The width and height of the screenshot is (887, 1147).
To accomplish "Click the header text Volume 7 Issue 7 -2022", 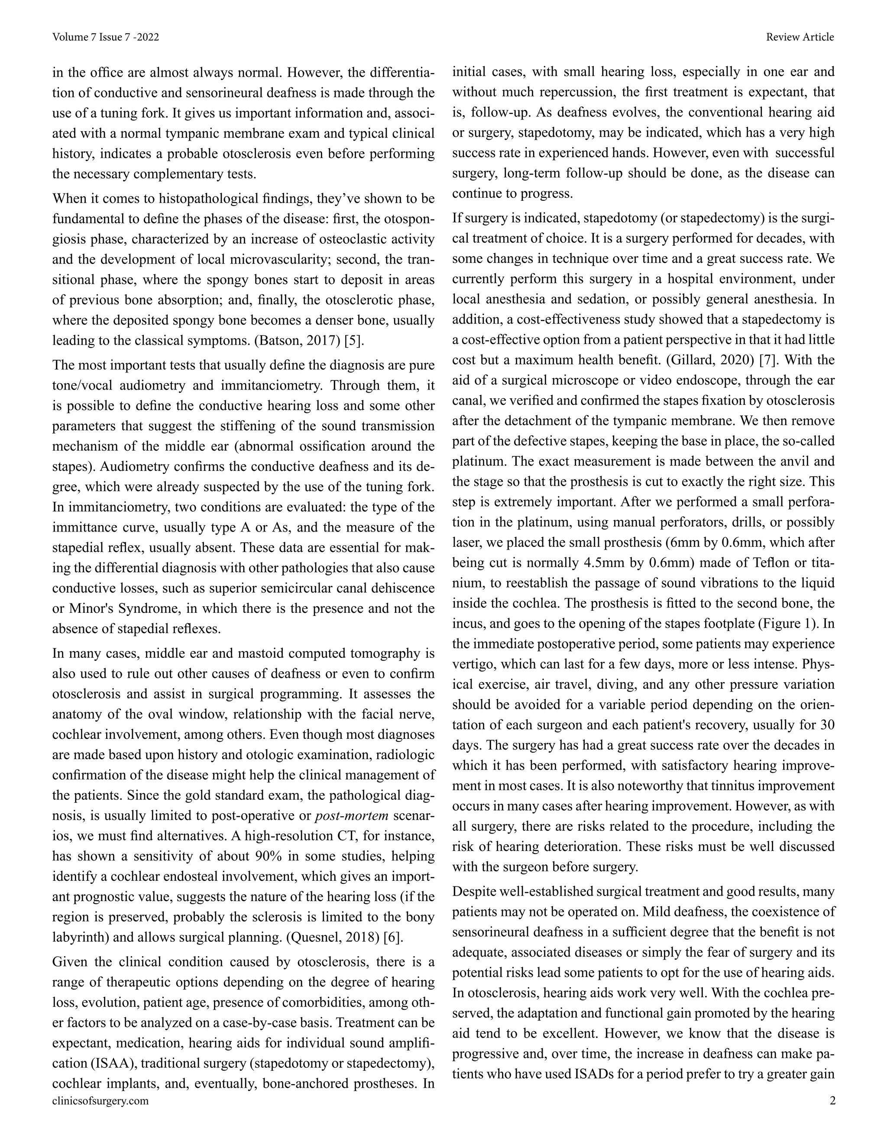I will pos(106,37).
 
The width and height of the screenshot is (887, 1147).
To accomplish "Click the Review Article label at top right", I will pos(799,37).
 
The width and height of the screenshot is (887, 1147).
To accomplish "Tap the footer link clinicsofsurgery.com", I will pos(100,1101).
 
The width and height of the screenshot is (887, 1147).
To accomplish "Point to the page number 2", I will pos(832,1101).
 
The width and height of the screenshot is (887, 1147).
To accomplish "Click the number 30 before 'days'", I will pos(826,725).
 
